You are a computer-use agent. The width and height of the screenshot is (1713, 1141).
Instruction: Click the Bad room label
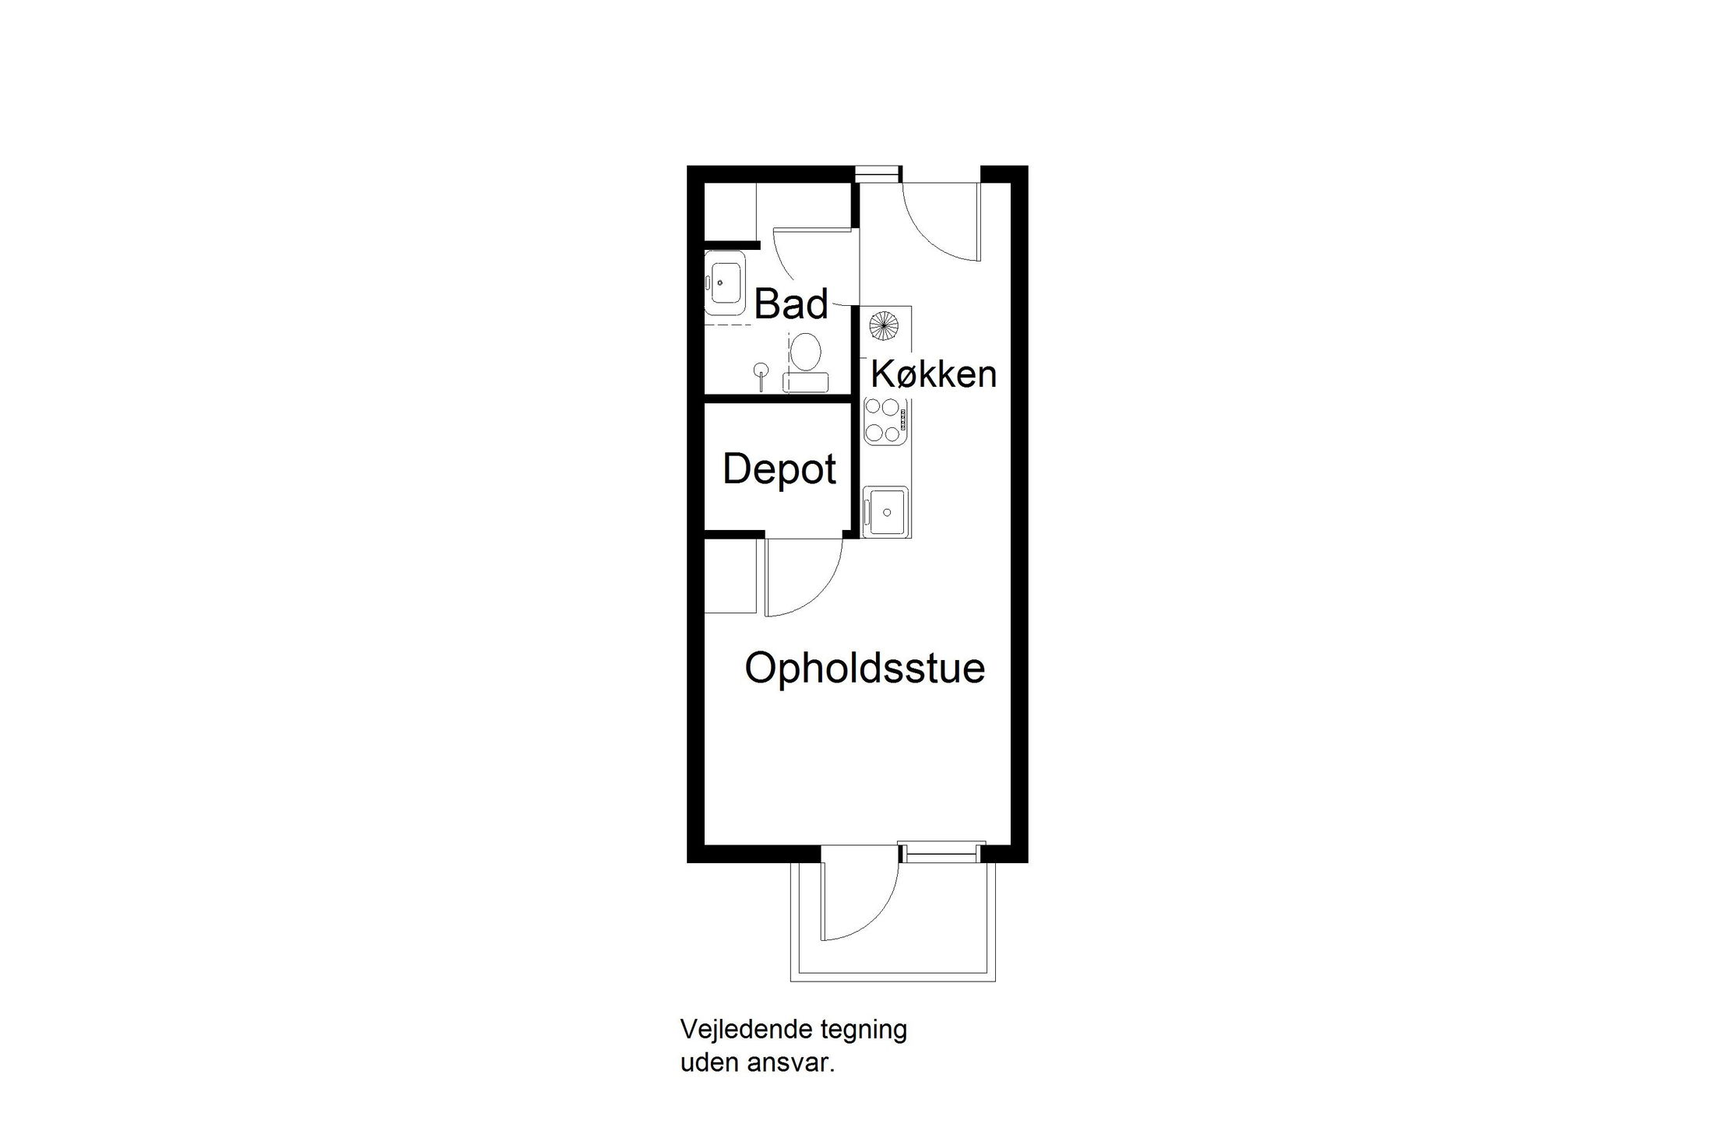(x=790, y=304)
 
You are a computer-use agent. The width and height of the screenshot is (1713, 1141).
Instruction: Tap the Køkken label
(x=933, y=374)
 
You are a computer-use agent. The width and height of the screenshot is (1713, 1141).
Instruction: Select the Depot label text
(x=779, y=469)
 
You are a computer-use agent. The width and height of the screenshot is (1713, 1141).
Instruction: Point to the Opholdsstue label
(x=864, y=669)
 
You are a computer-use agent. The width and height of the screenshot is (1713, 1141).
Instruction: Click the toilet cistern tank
(x=806, y=381)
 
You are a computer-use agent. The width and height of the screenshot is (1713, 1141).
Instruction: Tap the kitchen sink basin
(x=886, y=511)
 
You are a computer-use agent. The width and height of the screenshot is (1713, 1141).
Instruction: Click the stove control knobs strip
(x=903, y=420)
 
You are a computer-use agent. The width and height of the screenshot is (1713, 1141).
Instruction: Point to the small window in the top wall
(x=878, y=174)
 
